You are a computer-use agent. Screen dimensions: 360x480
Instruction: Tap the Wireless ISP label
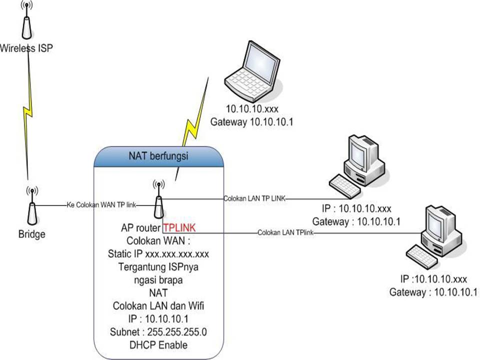point(26,48)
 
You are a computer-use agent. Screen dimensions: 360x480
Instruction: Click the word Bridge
point(31,234)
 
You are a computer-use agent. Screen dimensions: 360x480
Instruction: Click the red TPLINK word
point(179,227)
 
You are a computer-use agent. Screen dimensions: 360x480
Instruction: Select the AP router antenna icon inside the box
point(158,200)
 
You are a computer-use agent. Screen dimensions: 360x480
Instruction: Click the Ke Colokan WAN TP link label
point(101,205)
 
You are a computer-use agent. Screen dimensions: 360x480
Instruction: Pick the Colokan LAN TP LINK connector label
point(254,198)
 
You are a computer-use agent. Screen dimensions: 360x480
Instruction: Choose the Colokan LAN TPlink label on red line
point(285,233)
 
